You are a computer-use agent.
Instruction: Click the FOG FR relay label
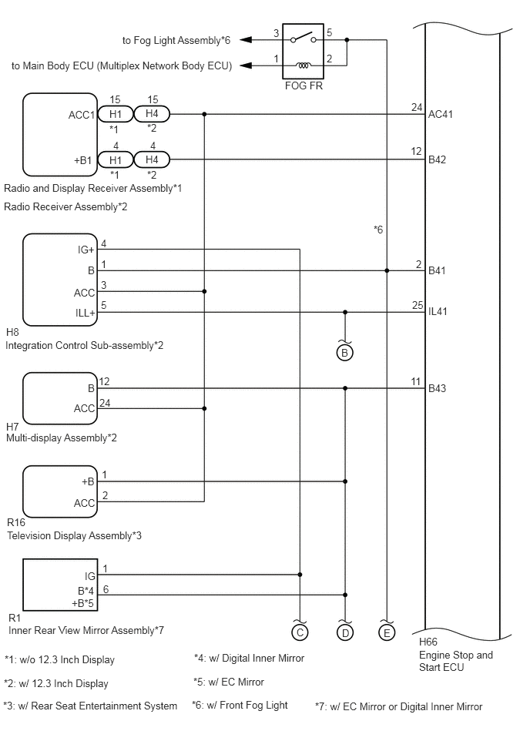click(304, 86)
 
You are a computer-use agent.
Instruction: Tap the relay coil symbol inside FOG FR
click(304, 65)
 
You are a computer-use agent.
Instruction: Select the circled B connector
click(345, 353)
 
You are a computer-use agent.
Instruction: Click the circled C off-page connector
click(300, 632)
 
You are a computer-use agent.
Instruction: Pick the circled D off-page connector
click(345, 632)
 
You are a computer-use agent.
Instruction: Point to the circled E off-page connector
click(387, 632)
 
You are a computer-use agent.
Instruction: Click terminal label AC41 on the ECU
click(441, 114)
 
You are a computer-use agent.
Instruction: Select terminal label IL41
click(438, 311)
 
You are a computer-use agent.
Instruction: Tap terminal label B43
click(438, 388)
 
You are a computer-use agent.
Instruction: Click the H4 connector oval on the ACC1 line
click(152, 114)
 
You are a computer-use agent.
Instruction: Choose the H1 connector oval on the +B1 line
click(116, 160)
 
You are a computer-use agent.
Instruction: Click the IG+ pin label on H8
click(86, 250)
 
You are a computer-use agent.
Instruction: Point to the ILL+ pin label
click(86, 313)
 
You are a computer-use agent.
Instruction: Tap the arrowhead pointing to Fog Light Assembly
click(246, 40)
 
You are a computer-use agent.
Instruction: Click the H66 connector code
click(428, 642)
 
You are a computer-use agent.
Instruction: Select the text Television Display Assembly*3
click(74, 535)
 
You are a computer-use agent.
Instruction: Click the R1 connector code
click(15, 619)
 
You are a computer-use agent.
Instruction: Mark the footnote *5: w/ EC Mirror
click(229, 682)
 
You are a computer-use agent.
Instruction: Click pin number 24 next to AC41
click(417, 107)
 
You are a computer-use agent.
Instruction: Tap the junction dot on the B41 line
click(387, 270)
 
